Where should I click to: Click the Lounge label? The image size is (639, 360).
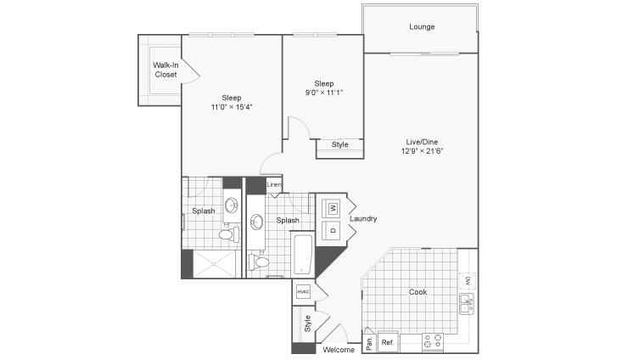click(x=422, y=27)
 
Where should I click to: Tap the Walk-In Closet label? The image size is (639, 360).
click(x=165, y=70)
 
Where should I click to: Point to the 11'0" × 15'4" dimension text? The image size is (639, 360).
click(x=232, y=107)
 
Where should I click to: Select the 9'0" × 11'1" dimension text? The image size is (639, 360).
click(x=324, y=93)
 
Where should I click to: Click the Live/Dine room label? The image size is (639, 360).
click(x=422, y=142)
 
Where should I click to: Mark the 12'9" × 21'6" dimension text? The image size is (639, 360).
click(x=422, y=151)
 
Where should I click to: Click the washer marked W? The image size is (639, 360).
click(x=331, y=208)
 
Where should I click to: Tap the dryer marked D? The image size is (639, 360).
click(x=331, y=230)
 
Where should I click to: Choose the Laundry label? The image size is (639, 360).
click(x=363, y=218)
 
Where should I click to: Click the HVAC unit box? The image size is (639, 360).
click(x=303, y=291)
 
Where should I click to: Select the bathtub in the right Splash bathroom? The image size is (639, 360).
click(x=302, y=254)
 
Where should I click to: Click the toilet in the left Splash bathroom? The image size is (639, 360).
click(x=229, y=235)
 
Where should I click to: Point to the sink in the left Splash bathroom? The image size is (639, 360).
click(x=232, y=205)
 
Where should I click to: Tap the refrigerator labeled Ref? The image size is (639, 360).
click(x=388, y=341)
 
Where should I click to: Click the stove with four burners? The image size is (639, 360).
click(x=433, y=341)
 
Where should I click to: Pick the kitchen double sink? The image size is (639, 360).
click(x=467, y=304)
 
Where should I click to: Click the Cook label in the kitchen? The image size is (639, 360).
click(x=418, y=292)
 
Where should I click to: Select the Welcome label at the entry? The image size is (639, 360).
click(x=339, y=350)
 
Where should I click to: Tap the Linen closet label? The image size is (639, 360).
click(x=274, y=185)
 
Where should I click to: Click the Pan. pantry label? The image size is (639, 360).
click(x=369, y=343)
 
